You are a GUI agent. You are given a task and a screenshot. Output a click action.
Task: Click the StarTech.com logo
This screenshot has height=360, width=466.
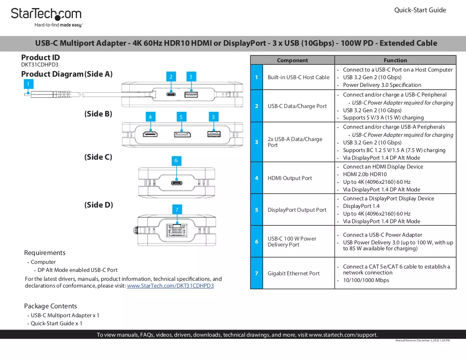coord(46,17)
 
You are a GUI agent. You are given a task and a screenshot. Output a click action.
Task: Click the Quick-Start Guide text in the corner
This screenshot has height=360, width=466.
coord(420,10)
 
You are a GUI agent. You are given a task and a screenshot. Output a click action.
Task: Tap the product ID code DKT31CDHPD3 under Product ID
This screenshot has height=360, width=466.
coord(39,64)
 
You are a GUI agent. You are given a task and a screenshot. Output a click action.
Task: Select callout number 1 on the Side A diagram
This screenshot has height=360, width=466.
coord(28,84)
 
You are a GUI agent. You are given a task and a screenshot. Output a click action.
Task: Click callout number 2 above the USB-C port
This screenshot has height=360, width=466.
coord(171,77)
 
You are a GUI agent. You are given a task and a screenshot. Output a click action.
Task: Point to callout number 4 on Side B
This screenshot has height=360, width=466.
coord(150,117)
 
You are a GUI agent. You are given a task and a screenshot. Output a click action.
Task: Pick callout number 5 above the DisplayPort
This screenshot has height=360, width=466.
coord(181,117)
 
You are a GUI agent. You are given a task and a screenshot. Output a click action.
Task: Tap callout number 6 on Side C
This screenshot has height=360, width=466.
coord(176,161)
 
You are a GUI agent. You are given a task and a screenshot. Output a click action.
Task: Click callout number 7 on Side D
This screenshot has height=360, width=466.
coord(177,209)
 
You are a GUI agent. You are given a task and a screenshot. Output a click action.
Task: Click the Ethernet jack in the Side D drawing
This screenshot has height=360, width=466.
coord(177,230)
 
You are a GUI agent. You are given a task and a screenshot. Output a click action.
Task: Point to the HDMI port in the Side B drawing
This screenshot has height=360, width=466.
coord(150,135)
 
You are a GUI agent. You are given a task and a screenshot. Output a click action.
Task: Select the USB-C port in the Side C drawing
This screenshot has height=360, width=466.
coord(177,183)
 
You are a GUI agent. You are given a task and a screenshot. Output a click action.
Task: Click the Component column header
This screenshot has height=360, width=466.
coord(292,60)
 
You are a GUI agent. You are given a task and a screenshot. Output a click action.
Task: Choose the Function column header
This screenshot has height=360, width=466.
coord(395,60)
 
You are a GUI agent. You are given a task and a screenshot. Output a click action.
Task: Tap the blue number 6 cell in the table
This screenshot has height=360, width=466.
coord(257,241)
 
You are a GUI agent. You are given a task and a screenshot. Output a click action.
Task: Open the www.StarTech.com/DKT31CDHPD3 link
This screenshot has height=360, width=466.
coord(170,286)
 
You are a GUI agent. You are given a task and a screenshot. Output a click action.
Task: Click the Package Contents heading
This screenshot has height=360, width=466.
coord(50,306)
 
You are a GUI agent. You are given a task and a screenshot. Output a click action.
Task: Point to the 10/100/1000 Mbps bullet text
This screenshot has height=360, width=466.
coord(366,280)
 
